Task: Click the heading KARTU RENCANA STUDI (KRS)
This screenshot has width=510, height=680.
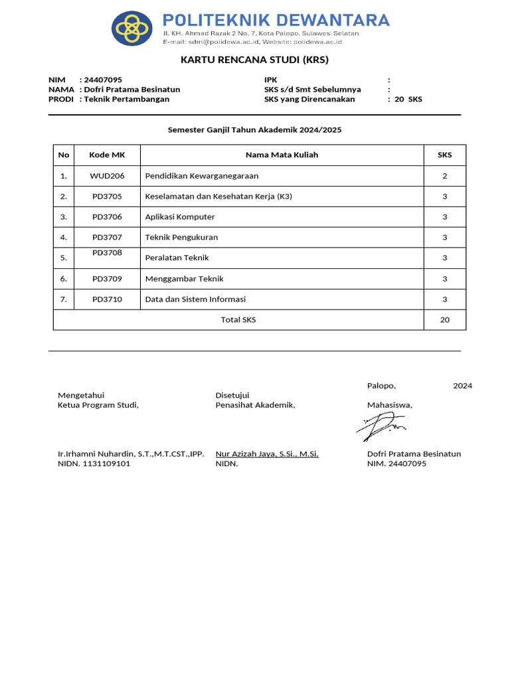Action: [254, 60]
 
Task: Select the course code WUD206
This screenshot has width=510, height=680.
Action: [107, 176]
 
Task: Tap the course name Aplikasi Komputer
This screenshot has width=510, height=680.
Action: [180, 217]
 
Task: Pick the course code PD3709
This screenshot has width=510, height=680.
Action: [107, 279]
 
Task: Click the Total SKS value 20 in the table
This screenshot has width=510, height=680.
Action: [444, 320]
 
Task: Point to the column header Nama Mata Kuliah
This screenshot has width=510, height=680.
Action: [282, 155]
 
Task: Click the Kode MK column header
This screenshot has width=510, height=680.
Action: [107, 155]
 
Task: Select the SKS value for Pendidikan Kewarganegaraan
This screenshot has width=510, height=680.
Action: [444, 176]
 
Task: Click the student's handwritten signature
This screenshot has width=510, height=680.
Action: [381, 426]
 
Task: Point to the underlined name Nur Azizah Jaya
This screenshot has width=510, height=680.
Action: [267, 454]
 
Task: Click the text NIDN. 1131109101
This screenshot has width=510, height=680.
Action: [94, 464]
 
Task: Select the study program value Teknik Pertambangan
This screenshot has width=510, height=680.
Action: [126, 100]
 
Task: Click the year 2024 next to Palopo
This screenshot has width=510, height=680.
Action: [462, 386]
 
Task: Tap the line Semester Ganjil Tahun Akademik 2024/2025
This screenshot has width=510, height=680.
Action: [254, 130]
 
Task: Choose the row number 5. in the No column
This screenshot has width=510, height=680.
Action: [64, 258]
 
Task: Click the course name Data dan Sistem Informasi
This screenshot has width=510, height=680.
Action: [195, 299]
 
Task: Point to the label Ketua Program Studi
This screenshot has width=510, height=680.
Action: [98, 405]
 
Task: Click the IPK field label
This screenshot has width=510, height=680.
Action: [270, 80]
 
